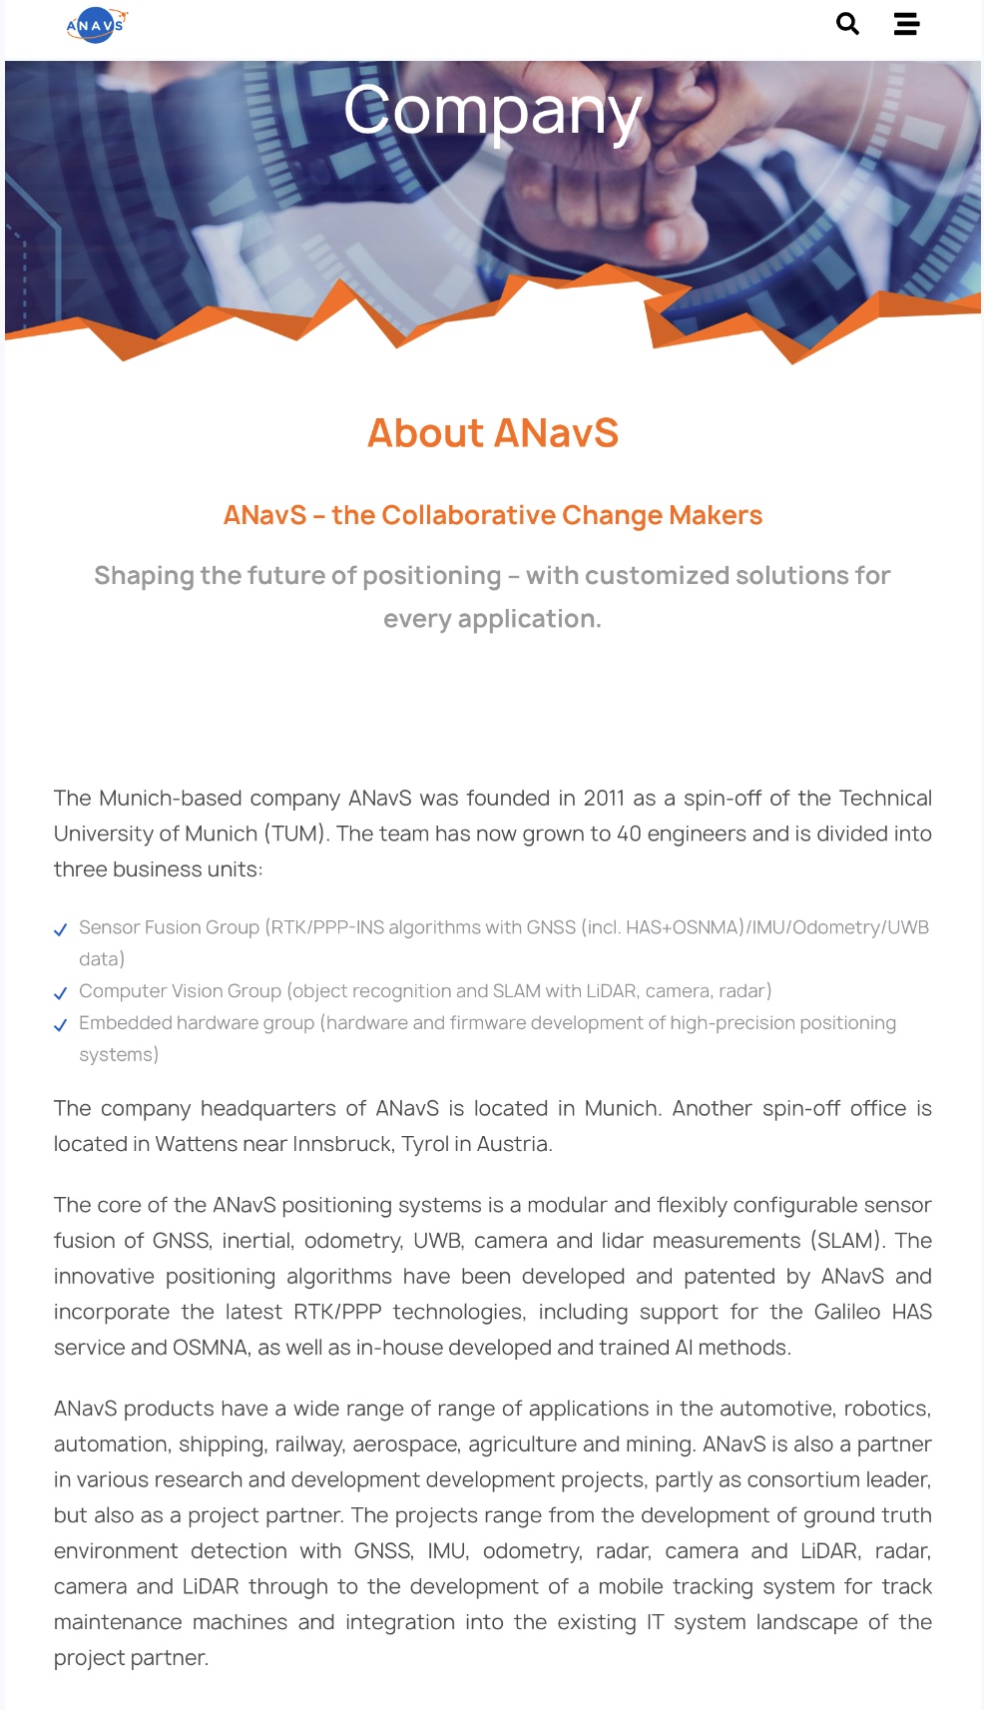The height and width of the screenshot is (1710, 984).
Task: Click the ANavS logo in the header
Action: coord(96,25)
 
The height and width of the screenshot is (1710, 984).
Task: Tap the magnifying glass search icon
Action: coord(847,24)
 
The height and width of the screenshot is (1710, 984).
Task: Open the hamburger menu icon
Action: coord(906,24)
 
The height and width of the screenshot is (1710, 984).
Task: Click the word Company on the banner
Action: coord(492,111)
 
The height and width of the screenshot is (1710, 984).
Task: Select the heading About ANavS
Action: coord(492,433)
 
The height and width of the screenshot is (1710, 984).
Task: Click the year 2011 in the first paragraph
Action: coord(604,799)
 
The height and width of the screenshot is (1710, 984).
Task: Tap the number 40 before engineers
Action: coord(629,835)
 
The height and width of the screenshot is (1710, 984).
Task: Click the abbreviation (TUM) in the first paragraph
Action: coord(296,835)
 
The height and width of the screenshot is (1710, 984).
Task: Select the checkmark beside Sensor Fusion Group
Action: coord(61,929)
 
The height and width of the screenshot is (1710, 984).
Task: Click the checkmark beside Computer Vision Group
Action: coord(61,993)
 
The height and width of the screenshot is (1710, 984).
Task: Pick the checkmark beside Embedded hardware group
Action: coord(61,1025)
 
